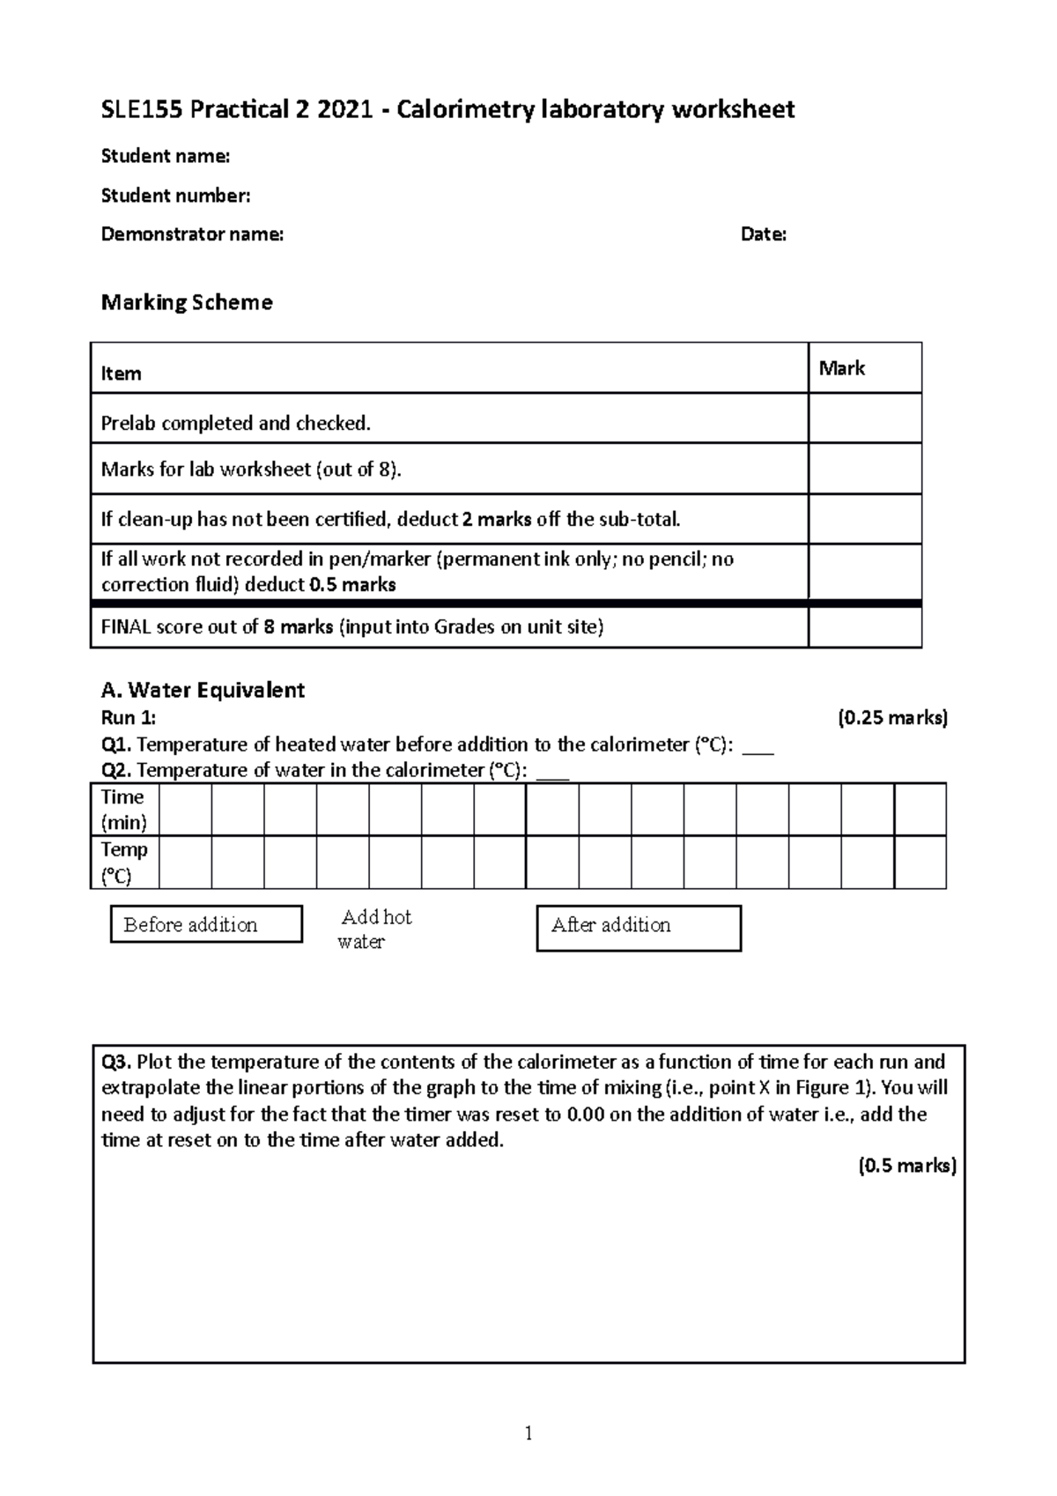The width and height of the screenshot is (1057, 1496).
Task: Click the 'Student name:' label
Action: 165,157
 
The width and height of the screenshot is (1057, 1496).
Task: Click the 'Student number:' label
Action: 175,196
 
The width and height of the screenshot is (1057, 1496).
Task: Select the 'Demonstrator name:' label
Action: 192,234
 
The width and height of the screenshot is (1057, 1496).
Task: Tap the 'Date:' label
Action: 763,234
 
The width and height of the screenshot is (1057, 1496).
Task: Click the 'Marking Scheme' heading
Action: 187,302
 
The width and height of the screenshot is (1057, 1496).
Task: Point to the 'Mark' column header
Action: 841,368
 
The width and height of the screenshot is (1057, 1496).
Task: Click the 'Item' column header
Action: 121,374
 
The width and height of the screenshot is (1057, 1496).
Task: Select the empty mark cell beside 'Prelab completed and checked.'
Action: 864,418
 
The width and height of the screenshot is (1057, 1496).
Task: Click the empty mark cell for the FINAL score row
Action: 864,627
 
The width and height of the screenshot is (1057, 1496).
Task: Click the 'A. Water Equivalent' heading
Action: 203,690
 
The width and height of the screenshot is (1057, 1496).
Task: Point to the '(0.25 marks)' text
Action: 891,718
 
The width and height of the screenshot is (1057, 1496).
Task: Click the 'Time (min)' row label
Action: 123,810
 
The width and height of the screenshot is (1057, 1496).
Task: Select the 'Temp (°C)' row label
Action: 123,863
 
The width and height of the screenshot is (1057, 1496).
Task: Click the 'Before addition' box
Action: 206,924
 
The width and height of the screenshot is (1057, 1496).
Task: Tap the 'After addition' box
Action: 638,928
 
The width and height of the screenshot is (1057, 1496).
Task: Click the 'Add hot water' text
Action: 374,929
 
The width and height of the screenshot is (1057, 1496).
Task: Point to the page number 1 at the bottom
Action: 528,1433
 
